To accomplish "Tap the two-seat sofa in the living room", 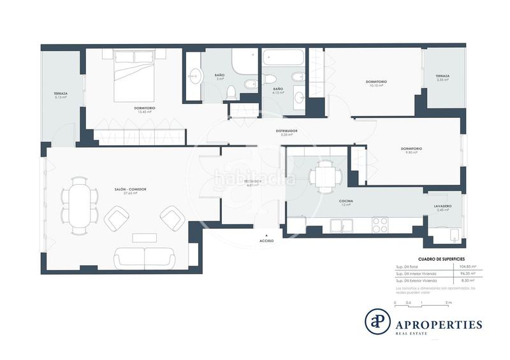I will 144,257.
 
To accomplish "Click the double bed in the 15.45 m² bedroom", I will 134,76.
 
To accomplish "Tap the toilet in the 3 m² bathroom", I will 232,90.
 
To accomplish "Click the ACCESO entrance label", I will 267,241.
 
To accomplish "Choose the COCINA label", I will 346,202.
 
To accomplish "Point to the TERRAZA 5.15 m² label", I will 61,95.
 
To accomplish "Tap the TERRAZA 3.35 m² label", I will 442,77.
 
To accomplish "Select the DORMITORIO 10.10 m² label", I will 376,83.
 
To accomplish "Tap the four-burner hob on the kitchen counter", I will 380,225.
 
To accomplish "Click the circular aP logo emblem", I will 377,320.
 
